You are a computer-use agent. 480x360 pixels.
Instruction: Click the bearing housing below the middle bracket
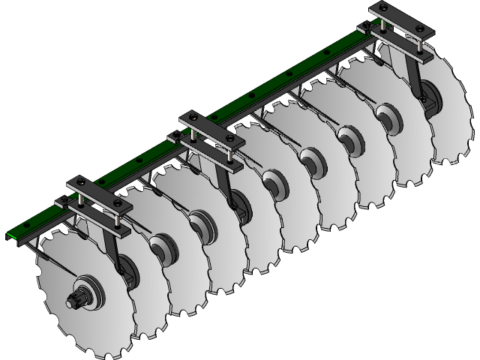238,201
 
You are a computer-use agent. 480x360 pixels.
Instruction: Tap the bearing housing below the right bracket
427,97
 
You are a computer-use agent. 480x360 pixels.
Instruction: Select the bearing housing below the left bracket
126,266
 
